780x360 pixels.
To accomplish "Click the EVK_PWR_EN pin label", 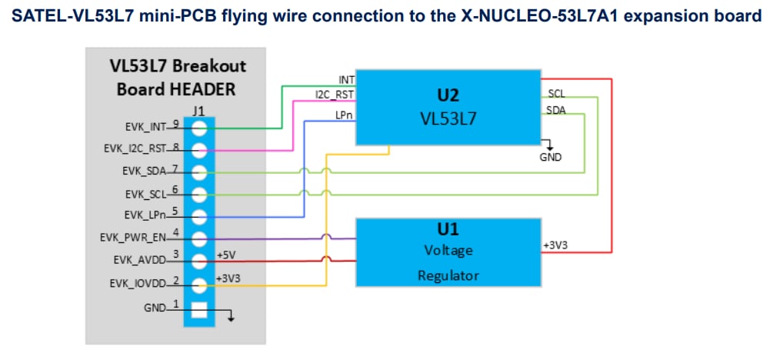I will coord(136,237).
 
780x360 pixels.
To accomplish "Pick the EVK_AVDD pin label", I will coord(141,259).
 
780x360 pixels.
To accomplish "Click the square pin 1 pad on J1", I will coord(199,310).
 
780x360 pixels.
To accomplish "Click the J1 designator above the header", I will coord(198,110).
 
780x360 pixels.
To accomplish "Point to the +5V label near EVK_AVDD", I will coord(225,255).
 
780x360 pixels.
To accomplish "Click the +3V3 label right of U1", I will coord(556,245).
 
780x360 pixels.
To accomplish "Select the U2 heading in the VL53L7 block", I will coord(448,96).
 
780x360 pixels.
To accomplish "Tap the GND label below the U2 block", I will coord(551,158).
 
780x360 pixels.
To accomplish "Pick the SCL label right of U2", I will coord(556,93).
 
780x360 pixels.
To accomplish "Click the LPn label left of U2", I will coord(344,115).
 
